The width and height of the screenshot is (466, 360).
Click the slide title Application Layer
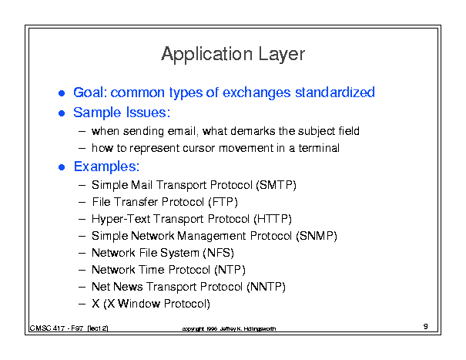[233, 54]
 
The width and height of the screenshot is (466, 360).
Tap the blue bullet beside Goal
[62, 93]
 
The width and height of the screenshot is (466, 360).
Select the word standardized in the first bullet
[334, 93]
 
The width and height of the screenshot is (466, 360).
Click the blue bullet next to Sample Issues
[62, 113]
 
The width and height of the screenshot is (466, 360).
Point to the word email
[182, 131]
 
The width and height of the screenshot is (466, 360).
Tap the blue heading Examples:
[106, 167]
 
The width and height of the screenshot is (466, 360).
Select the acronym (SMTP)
[276, 185]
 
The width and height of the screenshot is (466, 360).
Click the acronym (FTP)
[223, 202]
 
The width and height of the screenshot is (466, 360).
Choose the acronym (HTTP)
[273, 219]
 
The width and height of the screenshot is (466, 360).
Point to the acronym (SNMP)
[317, 236]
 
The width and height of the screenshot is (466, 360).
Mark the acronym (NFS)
[219, 253]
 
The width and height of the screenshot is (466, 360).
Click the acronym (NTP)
[230, 270]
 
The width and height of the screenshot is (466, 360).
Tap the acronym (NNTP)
[266, 287]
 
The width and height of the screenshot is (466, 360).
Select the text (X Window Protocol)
[156, 304]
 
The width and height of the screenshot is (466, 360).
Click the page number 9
[426, 326]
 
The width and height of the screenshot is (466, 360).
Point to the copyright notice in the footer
[229, 328]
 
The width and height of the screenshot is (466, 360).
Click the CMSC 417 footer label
[69, 328]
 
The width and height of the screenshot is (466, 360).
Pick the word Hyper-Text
[121, 219]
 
